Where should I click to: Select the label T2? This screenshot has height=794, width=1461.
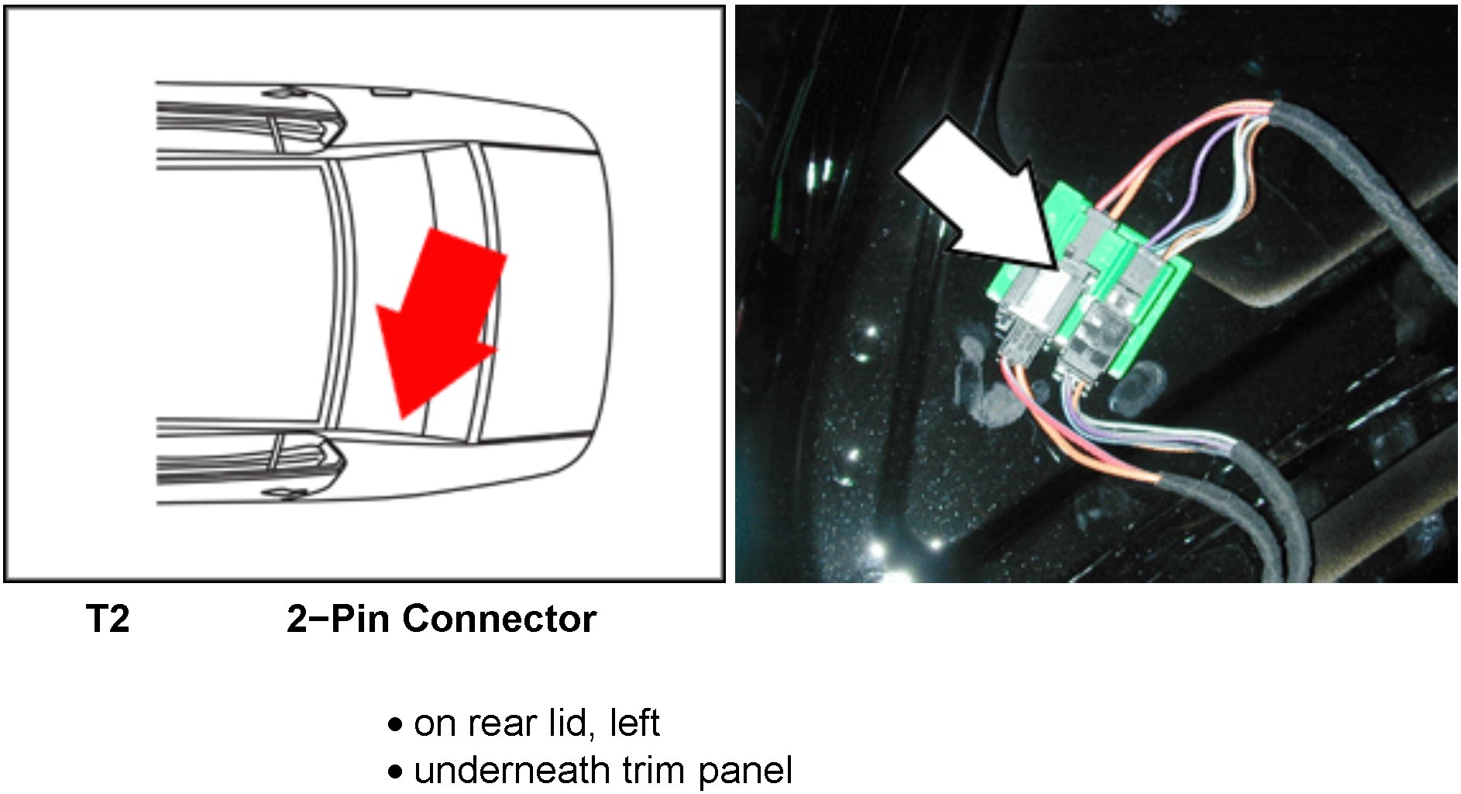[x=108, y=620]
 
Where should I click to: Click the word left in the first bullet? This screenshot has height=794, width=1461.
[x=634, y=723]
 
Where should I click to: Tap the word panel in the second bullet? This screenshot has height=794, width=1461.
[x=745, y=771]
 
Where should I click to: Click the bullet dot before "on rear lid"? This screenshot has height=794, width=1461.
[x=396, y=725]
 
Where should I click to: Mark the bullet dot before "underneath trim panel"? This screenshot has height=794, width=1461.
[x=396, y=772]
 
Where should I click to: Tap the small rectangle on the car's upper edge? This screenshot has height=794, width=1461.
[x=390, y=92]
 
